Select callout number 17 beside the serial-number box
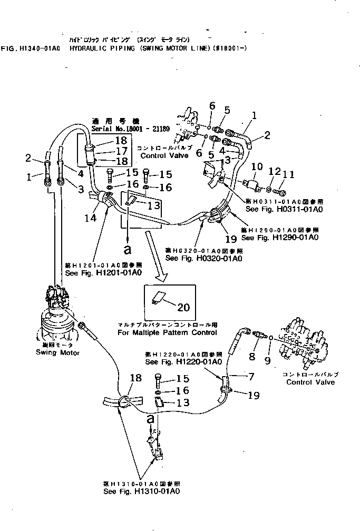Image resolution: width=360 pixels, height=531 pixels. (x=121, y=151)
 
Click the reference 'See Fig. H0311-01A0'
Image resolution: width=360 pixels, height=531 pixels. (x=284, y=209)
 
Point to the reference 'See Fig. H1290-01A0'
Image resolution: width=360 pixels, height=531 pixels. (x=279, y=237)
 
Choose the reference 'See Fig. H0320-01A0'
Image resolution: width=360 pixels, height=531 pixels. (x=204, y=259)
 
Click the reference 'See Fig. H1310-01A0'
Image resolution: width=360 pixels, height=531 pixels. (x=142, y=490)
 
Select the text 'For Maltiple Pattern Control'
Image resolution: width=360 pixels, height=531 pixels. (x=168, y=332)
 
